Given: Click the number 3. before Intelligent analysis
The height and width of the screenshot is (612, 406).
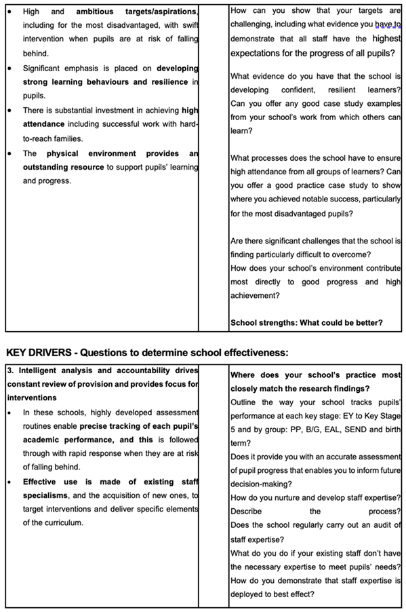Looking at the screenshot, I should point(9,370).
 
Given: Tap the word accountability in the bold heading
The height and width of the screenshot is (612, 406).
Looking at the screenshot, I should point(138,370).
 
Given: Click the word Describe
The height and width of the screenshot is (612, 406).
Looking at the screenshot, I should point(246,511).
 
